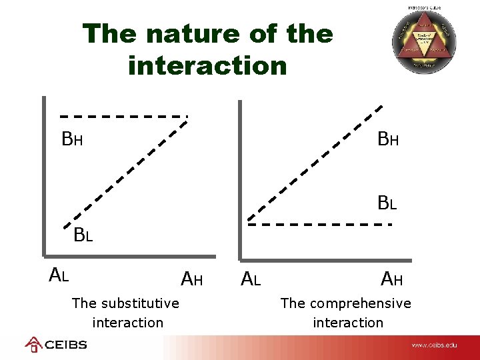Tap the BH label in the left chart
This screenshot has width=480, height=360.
coord(72,139)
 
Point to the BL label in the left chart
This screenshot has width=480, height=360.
coord(83,235)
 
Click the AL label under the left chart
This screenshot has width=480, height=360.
coord(59,274)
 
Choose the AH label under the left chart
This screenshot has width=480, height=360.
coord(192,279)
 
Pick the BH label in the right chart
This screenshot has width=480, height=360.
coord(388,139)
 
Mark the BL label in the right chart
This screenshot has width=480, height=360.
coord(387,203)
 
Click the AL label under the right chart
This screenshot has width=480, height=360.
coord(250,279)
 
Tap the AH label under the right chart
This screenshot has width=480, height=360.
coord(391,279)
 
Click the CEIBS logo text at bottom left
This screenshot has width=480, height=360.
coord(65,345)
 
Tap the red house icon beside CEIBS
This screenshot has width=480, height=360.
coord(33,344)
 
